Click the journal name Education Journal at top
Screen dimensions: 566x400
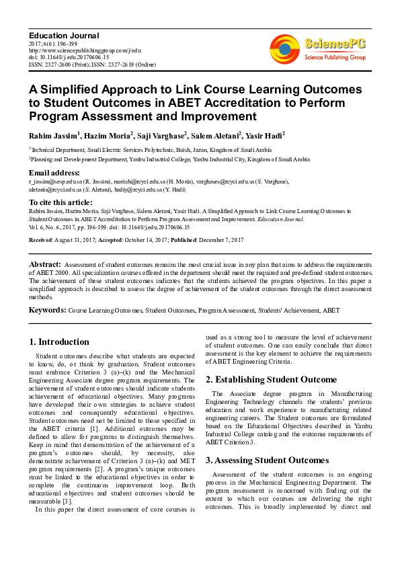(x=64, y=35)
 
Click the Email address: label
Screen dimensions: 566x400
(x=54, y=173)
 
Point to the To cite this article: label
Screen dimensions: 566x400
(x=61, y=202)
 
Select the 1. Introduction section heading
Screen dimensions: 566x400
(x=60, y=341)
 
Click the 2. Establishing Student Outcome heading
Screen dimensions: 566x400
(x=271, y=379)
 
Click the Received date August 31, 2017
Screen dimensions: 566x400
(x=75, y=239)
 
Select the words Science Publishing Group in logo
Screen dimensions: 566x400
(x=334, y=58)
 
